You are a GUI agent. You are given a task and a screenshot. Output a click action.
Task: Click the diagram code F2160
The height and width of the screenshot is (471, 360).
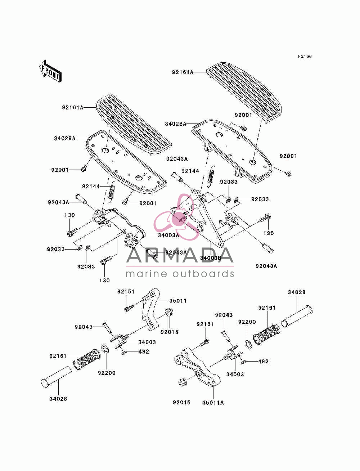(305, 56)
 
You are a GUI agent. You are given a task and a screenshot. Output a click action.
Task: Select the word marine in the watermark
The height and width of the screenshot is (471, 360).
(146, 274)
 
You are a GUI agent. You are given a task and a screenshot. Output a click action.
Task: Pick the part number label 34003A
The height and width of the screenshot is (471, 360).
(168, 235)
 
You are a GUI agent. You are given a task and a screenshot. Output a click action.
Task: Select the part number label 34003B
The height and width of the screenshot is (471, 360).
(210, 258)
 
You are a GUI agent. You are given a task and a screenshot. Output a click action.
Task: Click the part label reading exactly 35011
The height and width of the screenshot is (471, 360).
(178, 301)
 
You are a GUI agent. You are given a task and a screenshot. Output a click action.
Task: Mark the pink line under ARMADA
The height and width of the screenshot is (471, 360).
(180, 266)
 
